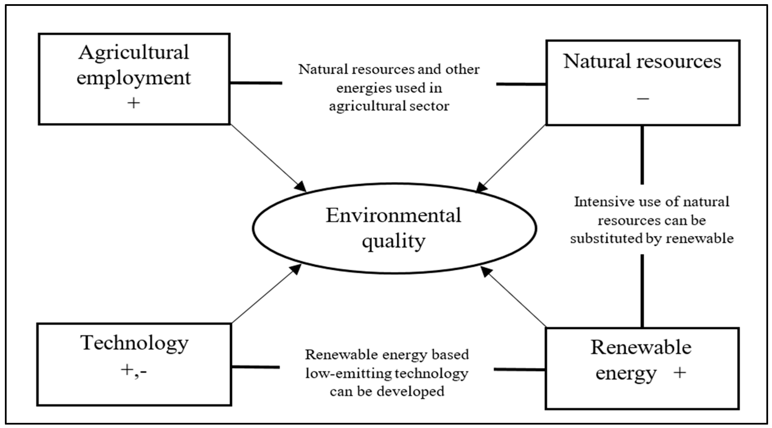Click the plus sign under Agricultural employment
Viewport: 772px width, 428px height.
pos(134,103)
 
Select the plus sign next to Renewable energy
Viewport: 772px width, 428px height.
pos(679,373)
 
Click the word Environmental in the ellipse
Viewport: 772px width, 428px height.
pos(393,215)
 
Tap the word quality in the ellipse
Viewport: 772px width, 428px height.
pos(393,241)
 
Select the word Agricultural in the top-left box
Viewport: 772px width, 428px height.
pos(134,53)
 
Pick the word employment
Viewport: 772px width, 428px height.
pos(134,78)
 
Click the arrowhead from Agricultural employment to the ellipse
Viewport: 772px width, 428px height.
pos(301,187)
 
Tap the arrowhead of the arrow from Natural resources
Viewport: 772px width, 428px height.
pos(481,187)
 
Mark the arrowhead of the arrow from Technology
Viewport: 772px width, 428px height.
pos(296,269)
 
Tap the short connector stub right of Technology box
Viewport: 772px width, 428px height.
pos(256,367)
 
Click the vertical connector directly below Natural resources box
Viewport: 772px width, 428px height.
pos(642,155)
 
